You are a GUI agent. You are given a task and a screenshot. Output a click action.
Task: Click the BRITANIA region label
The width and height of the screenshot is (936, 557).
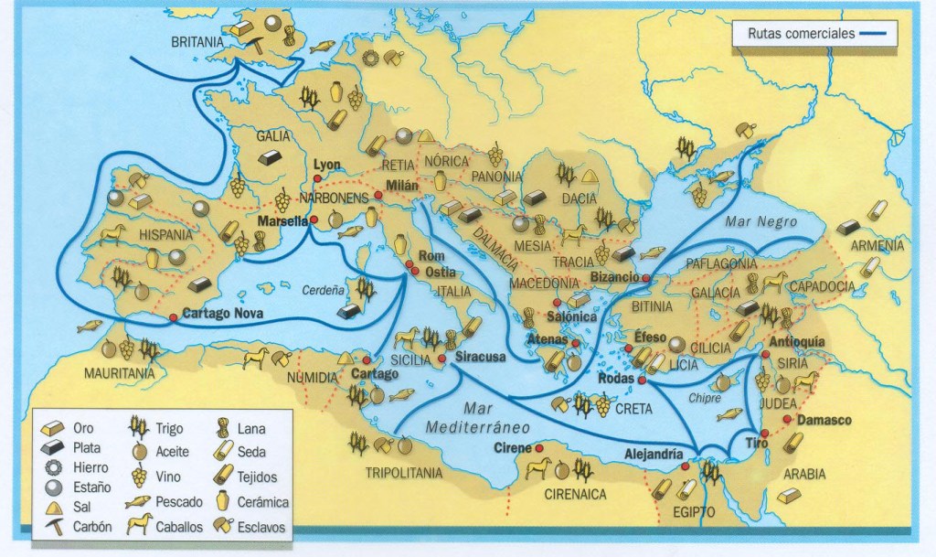coord(197,42)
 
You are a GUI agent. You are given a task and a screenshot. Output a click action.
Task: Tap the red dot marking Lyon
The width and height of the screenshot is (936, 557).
coord(316,179)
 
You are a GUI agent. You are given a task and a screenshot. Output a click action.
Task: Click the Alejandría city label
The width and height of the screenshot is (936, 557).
coord(653,452)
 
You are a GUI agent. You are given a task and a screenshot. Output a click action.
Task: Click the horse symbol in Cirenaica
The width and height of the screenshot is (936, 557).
coord(537,470)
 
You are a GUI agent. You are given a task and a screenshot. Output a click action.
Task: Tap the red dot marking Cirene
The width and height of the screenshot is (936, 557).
coord(539,447)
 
